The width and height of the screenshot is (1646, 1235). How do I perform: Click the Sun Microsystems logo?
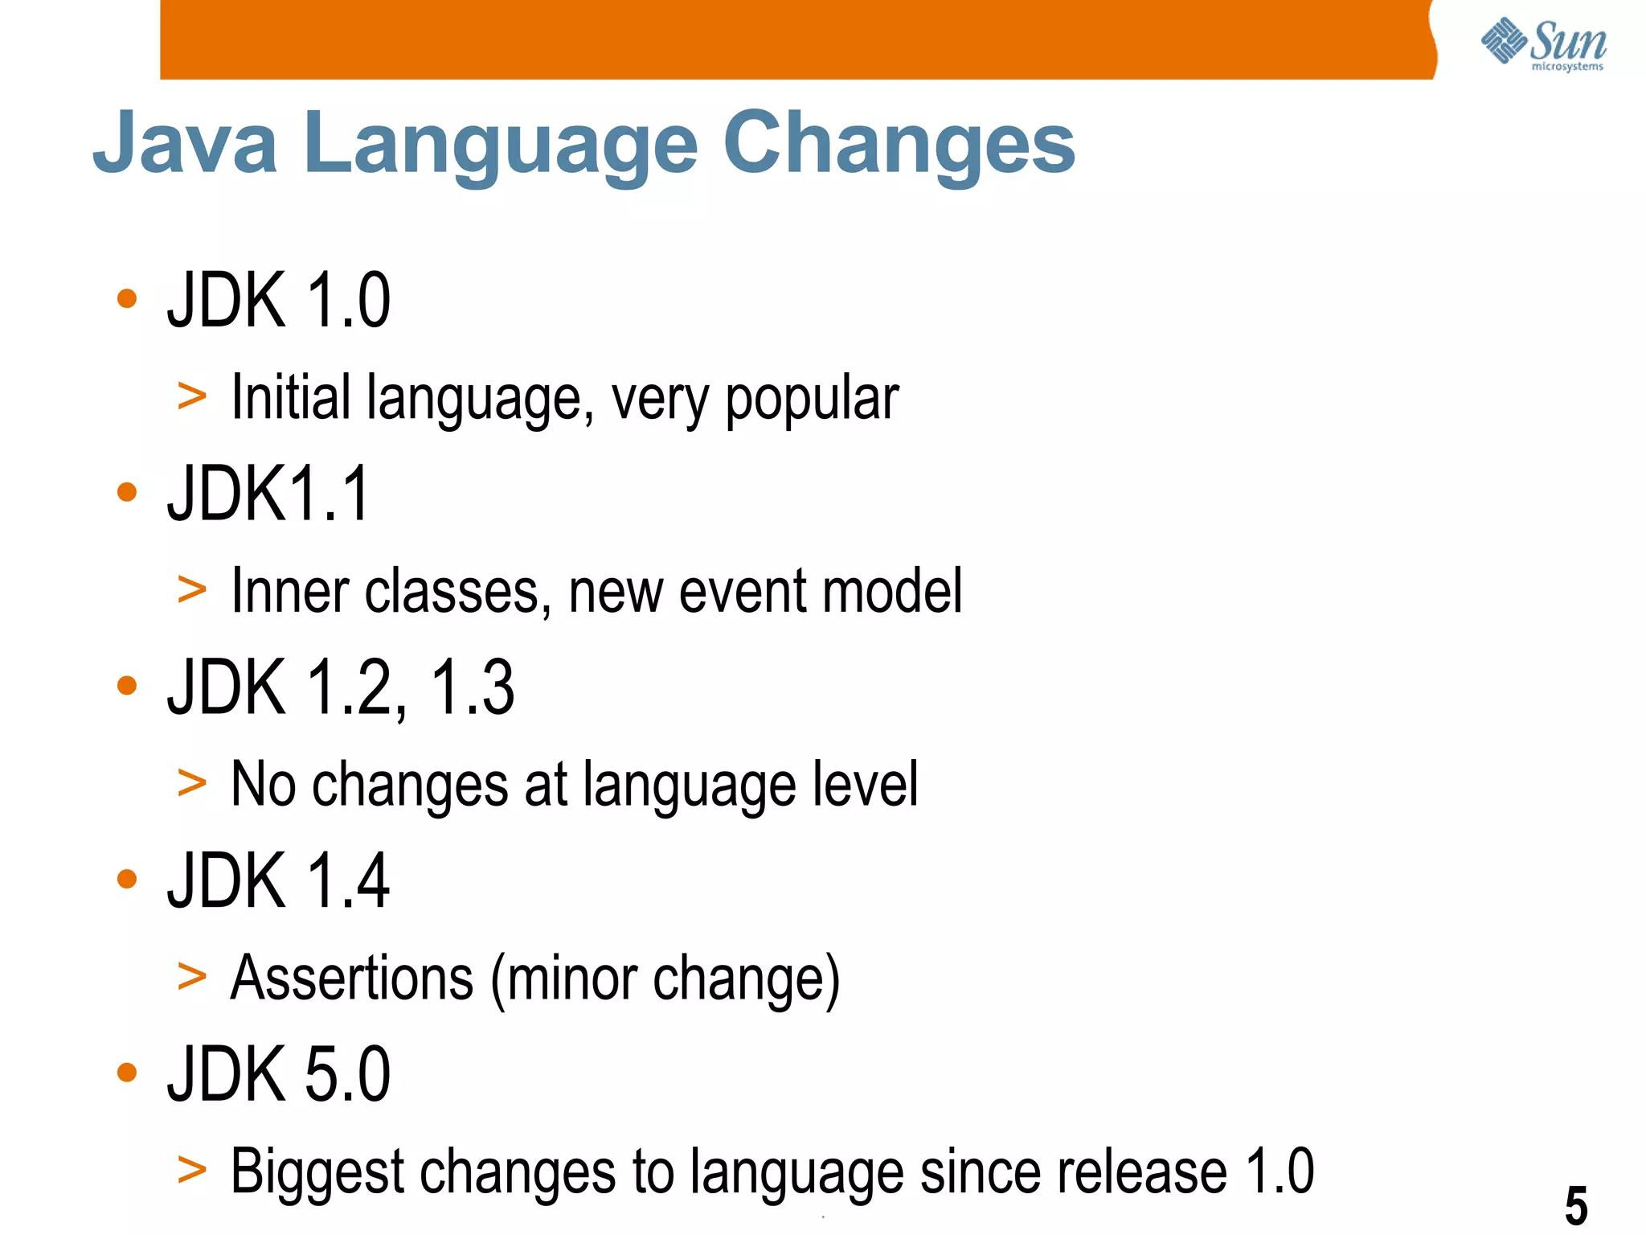pyautogui.click(x=1543, y=44)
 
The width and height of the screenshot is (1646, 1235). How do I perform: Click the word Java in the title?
pyautogui.click(x=186, y=143)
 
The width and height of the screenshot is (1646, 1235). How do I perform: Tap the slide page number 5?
pyautogui.click(x=1576, y=1205)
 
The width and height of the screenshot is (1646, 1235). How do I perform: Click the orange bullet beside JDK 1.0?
pyautogui.click(x=127, y=299)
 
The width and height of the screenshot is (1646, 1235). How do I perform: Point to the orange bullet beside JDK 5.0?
pyautogui.click(x=127, y=1072)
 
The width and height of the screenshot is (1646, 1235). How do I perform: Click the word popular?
pyautogui.click(x=812, y=400)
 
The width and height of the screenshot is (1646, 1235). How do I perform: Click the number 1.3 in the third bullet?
pyautogui.click(x=473, y=687)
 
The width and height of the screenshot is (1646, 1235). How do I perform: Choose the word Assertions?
pyautogui.click(x=352, y=978)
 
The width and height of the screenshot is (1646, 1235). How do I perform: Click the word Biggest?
pyautogui.click(x=317, y=1172)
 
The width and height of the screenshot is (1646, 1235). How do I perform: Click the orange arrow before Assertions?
pyautogui.click(x=192, y=976)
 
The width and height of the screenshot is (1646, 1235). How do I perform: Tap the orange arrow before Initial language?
pyautogui.click(x=192, y=396)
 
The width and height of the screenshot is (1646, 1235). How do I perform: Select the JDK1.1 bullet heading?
pyautogui.click(x=268, y=494)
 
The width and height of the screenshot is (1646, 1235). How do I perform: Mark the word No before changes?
pyautogui.click(x=263, y=784)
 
